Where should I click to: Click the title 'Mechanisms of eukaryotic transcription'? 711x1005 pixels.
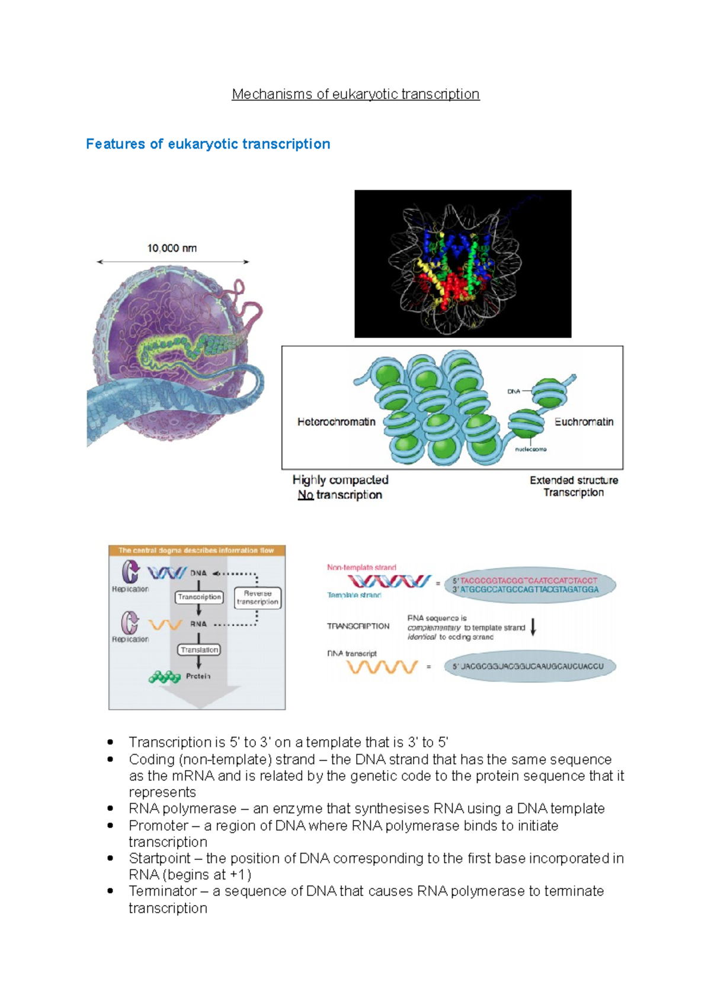(355, 94)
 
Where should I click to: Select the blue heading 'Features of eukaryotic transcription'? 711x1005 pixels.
(208, 144)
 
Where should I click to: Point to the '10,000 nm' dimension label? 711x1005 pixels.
(172, 249)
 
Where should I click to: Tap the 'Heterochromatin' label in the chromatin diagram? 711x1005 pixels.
(336, 422)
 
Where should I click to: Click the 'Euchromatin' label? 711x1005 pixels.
(584, 422)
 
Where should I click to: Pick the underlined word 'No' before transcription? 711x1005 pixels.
(305, 495)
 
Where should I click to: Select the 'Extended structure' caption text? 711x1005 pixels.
(574, 480)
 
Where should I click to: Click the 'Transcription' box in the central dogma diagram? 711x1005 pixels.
(199, 597)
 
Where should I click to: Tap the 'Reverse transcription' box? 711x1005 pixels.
(257, 597)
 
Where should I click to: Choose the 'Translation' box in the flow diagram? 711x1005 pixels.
(199, 650)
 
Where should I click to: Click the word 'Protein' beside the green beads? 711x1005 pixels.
(198, 676)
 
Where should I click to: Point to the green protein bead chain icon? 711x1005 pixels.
(165, 677)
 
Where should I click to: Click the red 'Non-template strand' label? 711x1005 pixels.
(361, 568)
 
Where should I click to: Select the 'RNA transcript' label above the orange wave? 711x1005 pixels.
(352, 653)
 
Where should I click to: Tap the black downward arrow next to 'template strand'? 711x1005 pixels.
(533, 627)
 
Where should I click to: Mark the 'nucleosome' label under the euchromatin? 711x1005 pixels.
(530, 449)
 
